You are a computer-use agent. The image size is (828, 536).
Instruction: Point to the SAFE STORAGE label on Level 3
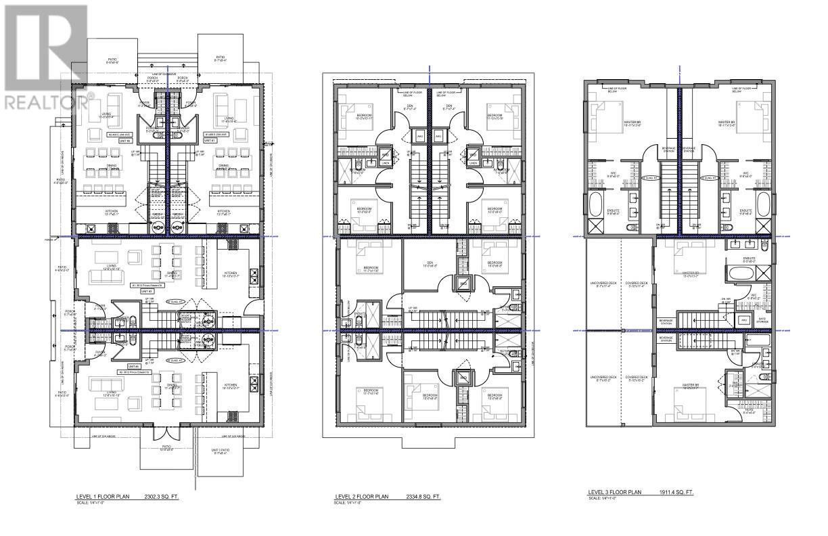tap(762, 319)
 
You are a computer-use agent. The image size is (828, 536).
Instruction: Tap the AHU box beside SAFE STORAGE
tap(745, 320)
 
